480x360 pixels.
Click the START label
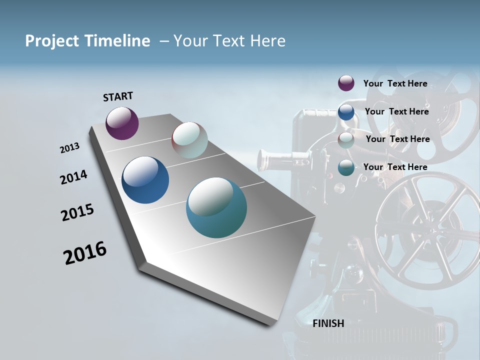118,96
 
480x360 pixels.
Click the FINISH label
328,323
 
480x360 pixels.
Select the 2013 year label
69,148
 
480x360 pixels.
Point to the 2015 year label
77,212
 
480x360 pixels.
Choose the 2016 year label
85,253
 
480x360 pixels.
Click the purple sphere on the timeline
122,123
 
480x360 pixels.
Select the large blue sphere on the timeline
145,180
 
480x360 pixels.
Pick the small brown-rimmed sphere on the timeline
189,140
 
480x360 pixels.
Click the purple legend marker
346,83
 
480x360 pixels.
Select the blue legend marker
346,112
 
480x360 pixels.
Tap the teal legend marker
346,167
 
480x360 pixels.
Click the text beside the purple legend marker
395,83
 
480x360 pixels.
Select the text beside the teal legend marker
395,167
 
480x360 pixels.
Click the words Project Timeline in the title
87,41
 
